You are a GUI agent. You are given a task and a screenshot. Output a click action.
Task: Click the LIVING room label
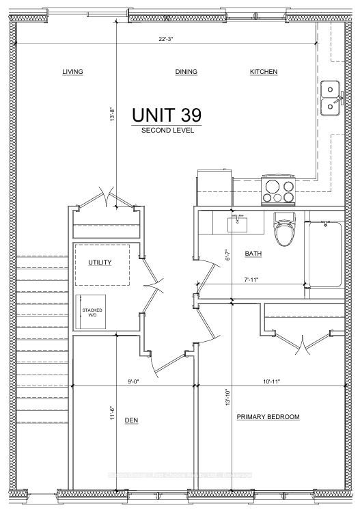click(72, 72)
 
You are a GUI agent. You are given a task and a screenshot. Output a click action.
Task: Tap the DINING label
click(186, 72)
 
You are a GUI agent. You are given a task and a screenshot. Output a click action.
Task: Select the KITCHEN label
click(264, 72)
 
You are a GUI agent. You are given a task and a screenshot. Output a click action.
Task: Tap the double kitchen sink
click(331, 96)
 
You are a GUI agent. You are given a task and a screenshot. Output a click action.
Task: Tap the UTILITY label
click(99, 262)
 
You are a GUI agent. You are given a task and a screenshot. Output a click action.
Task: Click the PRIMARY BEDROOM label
click(268, 417)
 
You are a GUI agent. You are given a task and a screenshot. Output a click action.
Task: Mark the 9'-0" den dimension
click(133, 381)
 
